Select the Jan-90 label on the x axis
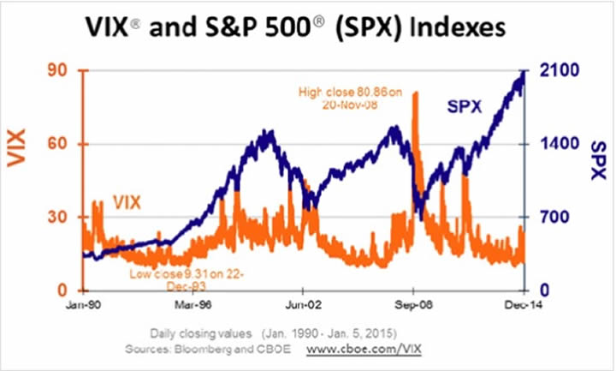pos(83,303)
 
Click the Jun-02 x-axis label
pos(305,303)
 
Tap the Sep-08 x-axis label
pos(412,303)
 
